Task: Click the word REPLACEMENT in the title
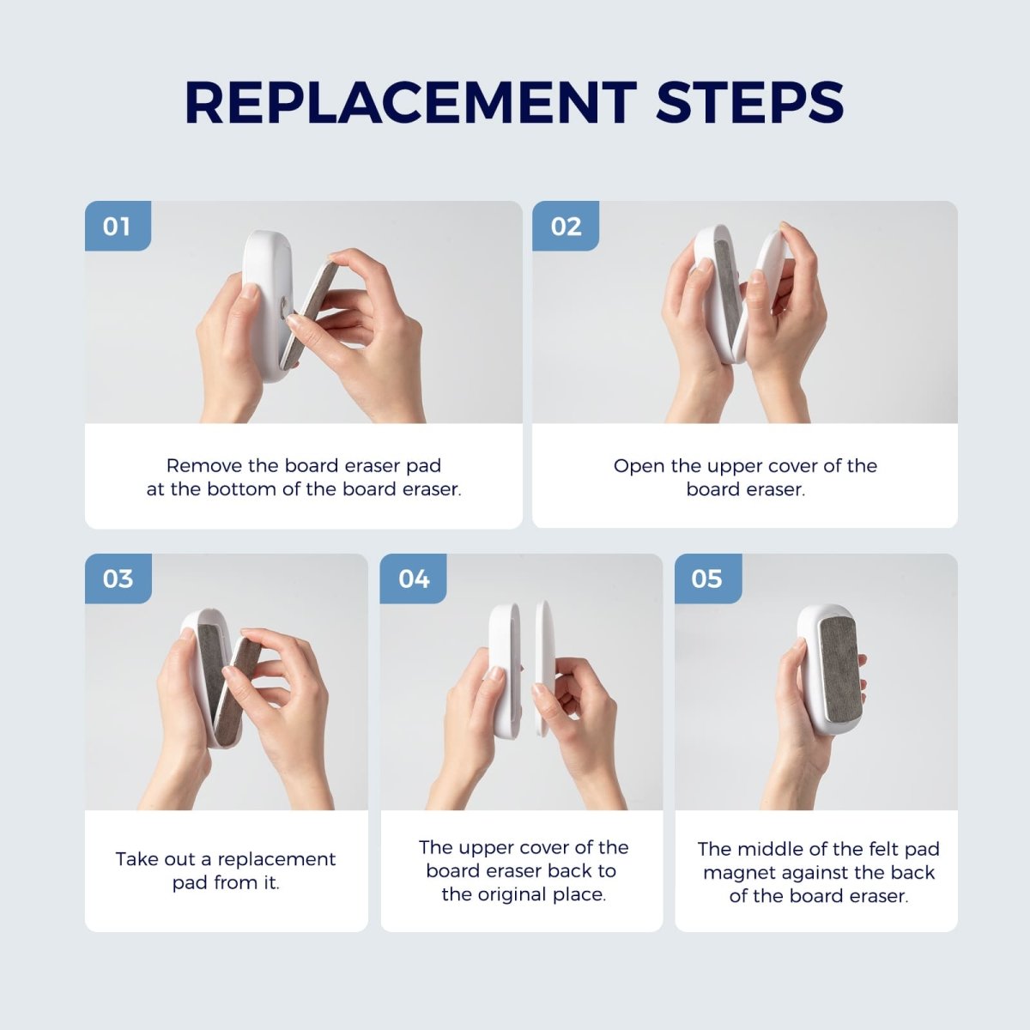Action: tap(410, 103)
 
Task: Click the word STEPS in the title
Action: tap(750, 103)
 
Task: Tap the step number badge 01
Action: tap(118, 227)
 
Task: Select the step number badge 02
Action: tap(566, 227)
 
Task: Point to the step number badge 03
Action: tap(118, 579)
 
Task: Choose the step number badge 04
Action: tap(414, 579)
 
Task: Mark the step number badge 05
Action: tap(707, 579)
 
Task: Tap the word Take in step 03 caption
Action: tap(137, 859)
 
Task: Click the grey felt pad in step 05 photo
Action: tap(840, 668)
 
